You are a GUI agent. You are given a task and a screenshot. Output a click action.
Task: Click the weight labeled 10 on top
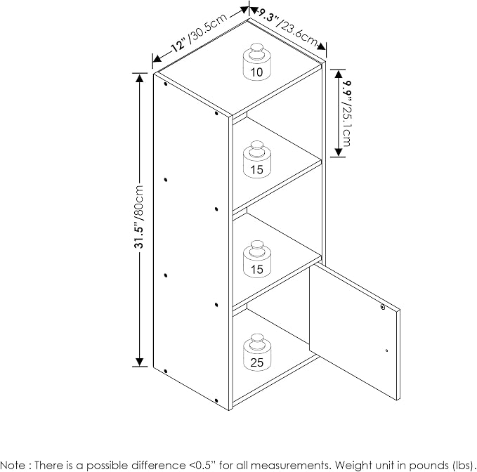tap(256, 62)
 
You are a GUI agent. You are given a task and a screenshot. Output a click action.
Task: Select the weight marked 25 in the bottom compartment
tap(257, 353)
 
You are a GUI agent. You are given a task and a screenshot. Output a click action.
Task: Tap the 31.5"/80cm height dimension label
tap(139, 216)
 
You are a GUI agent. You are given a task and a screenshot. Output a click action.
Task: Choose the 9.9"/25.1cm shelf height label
tap(346, 113)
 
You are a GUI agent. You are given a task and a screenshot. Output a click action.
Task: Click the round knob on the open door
tap(383, 307)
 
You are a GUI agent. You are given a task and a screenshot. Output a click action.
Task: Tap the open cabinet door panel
tap(355, 331)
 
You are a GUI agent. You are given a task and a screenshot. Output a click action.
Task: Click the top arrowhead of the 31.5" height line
tap(139, 79)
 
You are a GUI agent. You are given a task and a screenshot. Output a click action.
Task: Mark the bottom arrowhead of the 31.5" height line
tap(139, 362)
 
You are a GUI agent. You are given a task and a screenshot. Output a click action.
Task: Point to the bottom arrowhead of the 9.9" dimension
tap(339, 152)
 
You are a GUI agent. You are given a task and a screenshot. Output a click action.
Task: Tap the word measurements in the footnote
tap(291, 466)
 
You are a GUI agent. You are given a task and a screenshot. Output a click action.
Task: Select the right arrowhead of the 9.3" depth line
tap(322, 46)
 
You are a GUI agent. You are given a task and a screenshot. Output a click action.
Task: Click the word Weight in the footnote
tap(353, 466)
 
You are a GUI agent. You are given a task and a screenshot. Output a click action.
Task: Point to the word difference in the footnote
tap(159, 465)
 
